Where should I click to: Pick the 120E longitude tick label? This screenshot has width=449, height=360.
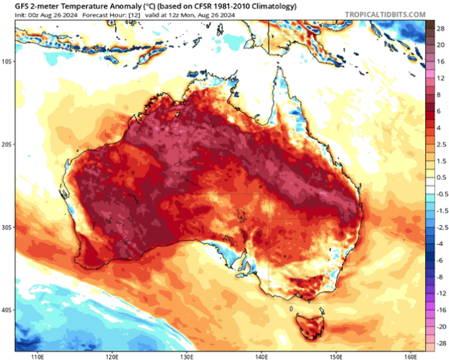click(112, 355)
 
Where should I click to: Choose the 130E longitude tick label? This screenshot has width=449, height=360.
click(187, 355)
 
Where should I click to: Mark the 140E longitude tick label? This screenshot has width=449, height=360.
click(262, 355)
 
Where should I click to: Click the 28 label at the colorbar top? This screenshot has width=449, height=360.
click(439, 29)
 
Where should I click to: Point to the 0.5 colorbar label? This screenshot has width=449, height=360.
click(439, 177)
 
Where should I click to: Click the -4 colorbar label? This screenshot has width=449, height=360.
click(439, 243)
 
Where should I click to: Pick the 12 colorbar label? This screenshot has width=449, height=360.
click(439, 78)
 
